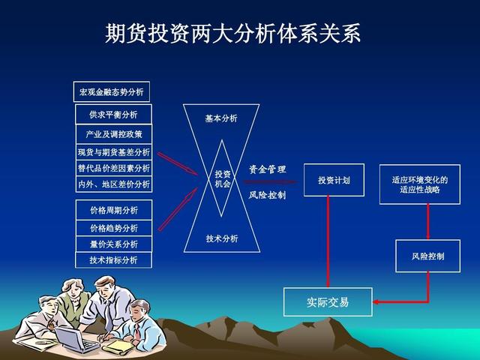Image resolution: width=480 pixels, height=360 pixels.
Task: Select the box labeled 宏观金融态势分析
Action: pos(112,92)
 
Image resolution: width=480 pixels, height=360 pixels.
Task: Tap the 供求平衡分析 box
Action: pos(113,114)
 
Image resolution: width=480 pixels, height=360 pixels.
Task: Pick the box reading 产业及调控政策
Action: pos(113,134)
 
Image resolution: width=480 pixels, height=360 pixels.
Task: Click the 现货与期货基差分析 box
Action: pos(113,152)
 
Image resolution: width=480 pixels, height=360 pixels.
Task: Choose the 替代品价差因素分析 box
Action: pos(113,168)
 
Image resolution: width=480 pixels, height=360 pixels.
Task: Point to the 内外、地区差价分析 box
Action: pos(113,184)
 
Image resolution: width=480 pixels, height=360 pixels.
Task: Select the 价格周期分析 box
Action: pos(113,209)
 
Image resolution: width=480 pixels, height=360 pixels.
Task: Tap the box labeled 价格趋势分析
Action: pos(113,228)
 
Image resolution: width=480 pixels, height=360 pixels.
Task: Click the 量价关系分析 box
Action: pos(113,244)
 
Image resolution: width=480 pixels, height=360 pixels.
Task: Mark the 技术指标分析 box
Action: pos(113,260)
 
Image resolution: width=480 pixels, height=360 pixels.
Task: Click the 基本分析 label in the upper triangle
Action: pos(221,118)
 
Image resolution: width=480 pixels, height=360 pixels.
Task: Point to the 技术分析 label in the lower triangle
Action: pos(222,238)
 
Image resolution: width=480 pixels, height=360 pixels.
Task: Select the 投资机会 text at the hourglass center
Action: pos(223,178)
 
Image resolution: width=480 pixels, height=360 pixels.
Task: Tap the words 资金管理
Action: pos(268,169)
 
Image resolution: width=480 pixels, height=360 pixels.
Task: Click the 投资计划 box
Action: pos(334,180)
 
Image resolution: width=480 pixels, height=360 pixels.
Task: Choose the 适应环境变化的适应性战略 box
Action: pos(419,184)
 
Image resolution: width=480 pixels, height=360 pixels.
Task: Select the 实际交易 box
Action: pos(328,302)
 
